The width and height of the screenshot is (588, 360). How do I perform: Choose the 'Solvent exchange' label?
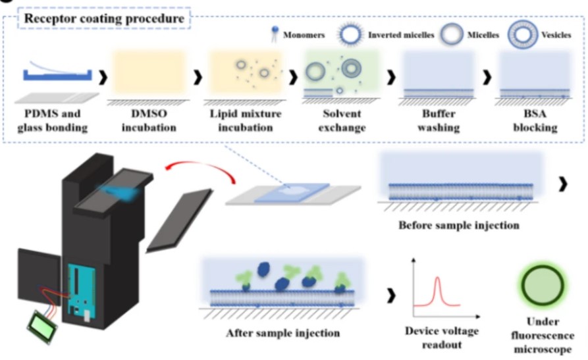click(342, 120)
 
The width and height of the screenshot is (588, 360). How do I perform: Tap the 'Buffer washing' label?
click(439, 120)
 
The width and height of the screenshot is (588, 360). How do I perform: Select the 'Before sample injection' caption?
click(459, 225)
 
